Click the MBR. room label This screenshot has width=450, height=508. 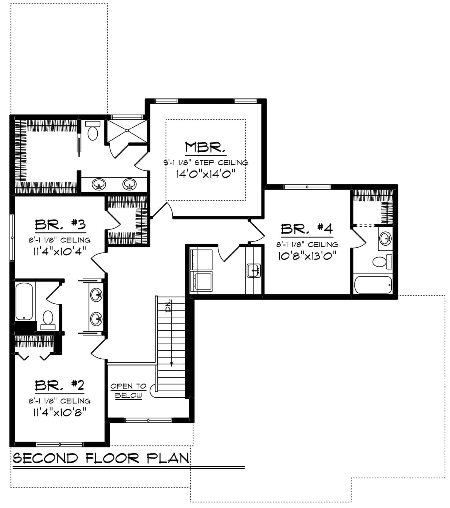click(205, 147)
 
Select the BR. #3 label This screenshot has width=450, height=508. click(60, 225)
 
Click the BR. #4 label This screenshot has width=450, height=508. click(307, 229)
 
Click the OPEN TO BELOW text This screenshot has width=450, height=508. click(128, 391)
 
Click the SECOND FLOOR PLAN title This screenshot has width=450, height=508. click(101, 458)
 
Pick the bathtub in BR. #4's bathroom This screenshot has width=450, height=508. click(373, 285)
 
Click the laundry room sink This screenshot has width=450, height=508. click(254, 270)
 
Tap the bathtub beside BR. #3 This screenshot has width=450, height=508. click(24, 301)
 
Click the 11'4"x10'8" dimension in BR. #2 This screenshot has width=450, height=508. click(60, 412)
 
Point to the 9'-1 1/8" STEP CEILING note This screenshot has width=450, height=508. click(206, 162)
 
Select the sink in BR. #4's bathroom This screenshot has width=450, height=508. click(385, 238)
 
